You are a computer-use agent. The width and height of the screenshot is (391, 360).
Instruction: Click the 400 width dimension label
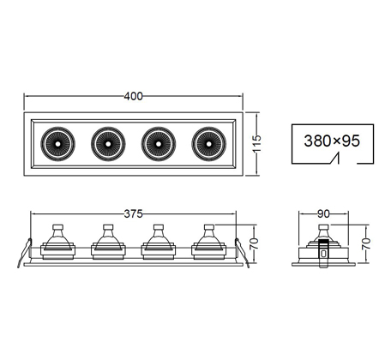pos(133,96)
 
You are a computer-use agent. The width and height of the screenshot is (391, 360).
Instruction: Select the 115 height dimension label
pos(257,143)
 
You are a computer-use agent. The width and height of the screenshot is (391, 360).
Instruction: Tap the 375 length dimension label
pos(133,213)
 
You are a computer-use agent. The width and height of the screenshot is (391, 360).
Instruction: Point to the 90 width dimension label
pos(323,213)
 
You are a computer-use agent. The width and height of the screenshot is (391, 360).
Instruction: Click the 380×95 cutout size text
pos(332,141)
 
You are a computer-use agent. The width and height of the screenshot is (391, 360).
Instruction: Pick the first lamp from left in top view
pos(57,144)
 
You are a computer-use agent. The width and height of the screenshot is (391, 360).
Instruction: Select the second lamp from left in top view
pos(108,144)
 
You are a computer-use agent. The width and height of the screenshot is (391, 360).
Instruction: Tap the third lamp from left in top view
pos(159,144)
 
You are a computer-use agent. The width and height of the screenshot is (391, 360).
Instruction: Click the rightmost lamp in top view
pos(209,144)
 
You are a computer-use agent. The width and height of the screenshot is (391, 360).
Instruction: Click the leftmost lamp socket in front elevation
pos(57,242)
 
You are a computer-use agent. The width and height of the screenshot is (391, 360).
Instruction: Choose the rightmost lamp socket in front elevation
pos(209,242)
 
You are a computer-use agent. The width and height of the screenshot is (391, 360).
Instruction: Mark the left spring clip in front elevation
pos(25,253)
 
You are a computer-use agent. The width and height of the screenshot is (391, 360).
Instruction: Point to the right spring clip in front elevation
pos(242,253)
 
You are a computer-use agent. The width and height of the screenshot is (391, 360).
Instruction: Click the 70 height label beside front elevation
pos(254,243)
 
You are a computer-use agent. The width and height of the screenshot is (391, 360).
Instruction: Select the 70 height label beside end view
pos(366,243)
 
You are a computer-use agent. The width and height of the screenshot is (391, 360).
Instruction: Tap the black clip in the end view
pos(323,254)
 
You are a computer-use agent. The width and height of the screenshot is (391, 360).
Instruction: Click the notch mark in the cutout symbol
pos(335,159)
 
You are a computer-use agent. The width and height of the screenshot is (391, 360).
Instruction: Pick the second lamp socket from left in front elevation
pos(108,242)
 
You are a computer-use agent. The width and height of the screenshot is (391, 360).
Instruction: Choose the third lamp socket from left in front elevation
pos(159,242)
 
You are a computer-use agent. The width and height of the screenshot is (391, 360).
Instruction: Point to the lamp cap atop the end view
pos(323,228)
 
